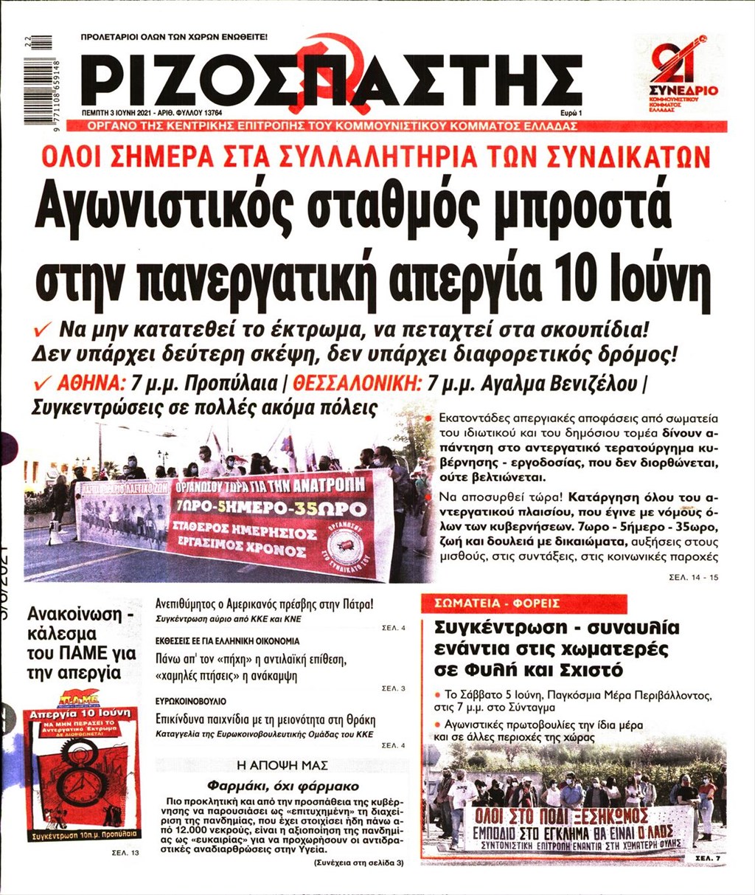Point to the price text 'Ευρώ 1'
pos(571,113)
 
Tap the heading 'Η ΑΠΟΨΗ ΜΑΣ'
pos(282,765)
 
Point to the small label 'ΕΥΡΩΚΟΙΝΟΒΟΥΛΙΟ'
pos(190,701)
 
